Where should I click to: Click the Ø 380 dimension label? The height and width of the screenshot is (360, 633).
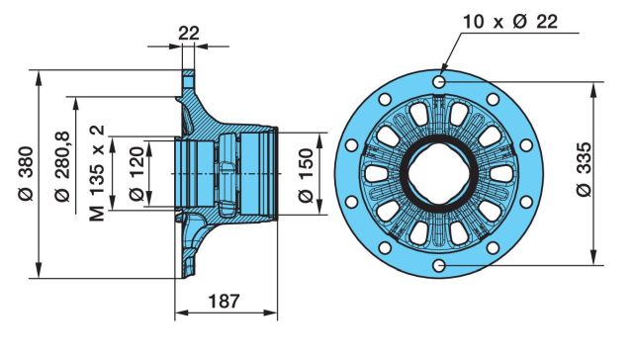[27, 173]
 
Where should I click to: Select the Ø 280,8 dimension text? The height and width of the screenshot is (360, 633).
[62, 166]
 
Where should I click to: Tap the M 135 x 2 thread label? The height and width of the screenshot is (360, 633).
[97, 173]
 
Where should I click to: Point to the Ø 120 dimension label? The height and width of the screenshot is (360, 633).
[136, 173]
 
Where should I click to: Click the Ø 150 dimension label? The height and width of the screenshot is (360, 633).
[306, 175]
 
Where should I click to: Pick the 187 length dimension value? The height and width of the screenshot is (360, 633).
[225, 301]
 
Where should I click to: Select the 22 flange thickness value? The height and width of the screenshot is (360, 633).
[189, 33]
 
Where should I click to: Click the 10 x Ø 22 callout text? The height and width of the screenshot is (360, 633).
[510, 22]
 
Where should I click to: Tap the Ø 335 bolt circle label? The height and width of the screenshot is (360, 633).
[584, 169]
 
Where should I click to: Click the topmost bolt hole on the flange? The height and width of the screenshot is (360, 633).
[439, 82]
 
